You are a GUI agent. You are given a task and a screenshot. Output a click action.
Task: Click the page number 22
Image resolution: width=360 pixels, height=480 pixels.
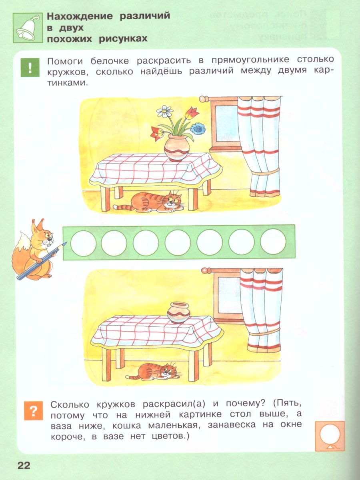[x=24, y=465]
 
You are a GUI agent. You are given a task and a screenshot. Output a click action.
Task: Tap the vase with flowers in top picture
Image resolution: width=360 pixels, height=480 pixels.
[x=177, y=147]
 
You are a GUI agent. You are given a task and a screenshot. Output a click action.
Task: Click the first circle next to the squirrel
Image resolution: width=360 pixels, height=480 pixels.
[x=83, y=243]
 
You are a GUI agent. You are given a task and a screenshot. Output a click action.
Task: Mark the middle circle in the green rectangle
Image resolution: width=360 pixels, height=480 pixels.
[x=178, y=243]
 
